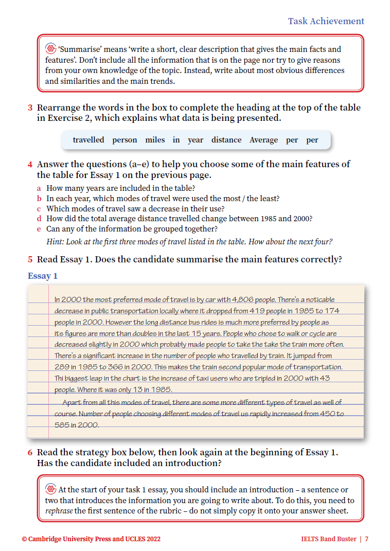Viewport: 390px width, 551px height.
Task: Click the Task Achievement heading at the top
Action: (326, 21)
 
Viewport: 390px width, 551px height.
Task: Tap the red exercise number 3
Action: (30, 108)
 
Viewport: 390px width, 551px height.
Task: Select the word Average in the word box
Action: (263, 140)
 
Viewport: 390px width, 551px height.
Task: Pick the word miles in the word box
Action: (155, 140)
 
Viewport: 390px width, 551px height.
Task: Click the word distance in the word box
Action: (226, 140)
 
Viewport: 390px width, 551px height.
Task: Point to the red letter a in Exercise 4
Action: (39, 188)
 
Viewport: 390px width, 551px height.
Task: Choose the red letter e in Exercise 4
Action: (39, 228)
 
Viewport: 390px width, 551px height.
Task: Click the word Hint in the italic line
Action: (55, 241)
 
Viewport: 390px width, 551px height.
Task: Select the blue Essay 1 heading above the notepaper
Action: (43, 276)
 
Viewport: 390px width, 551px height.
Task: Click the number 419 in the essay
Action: (257, 311)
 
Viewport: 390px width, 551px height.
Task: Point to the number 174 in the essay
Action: (331, 311)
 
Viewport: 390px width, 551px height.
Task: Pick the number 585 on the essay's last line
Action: (63, 425)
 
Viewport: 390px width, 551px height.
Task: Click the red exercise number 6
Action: (30, 453)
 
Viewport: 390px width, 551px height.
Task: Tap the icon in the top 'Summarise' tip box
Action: (50, 49)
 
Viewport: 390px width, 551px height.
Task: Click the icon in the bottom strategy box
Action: (50, 489)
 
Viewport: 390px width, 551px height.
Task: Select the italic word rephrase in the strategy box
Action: (59, 511)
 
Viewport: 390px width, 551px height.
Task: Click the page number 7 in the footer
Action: (366, 539)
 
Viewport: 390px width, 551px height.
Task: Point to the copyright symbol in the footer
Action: (24, 539)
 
